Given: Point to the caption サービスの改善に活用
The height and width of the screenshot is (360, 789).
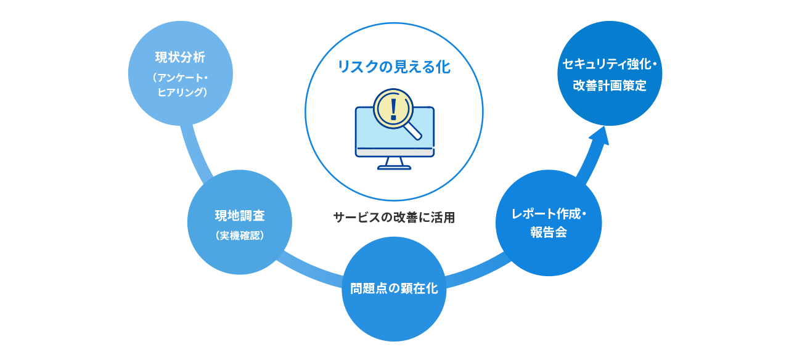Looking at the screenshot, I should [394, 218].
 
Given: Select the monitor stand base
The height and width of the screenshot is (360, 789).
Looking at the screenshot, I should [394, 166].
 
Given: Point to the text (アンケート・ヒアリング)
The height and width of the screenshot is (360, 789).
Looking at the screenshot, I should [180, 85].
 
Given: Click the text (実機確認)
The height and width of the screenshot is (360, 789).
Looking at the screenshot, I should [240, 235].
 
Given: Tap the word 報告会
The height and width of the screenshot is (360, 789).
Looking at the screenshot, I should [549, 233].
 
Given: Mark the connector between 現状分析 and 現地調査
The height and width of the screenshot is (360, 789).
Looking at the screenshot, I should [198, 151].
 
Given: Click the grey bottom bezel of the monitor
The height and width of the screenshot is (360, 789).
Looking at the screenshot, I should [394, 152].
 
